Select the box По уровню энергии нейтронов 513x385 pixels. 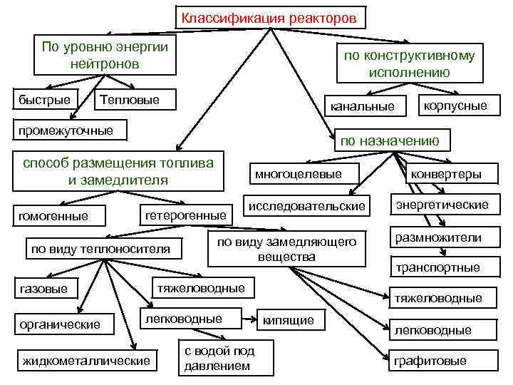click(104, 55)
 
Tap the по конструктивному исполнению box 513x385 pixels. click(408, 63)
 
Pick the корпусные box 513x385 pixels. click(455, 105)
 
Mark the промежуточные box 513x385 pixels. click(66, 130)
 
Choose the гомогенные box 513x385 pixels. click(53, 215)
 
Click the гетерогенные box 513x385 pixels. click(185, 214)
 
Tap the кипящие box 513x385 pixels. click(289, 320)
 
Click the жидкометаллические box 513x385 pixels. click(87, 360)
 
